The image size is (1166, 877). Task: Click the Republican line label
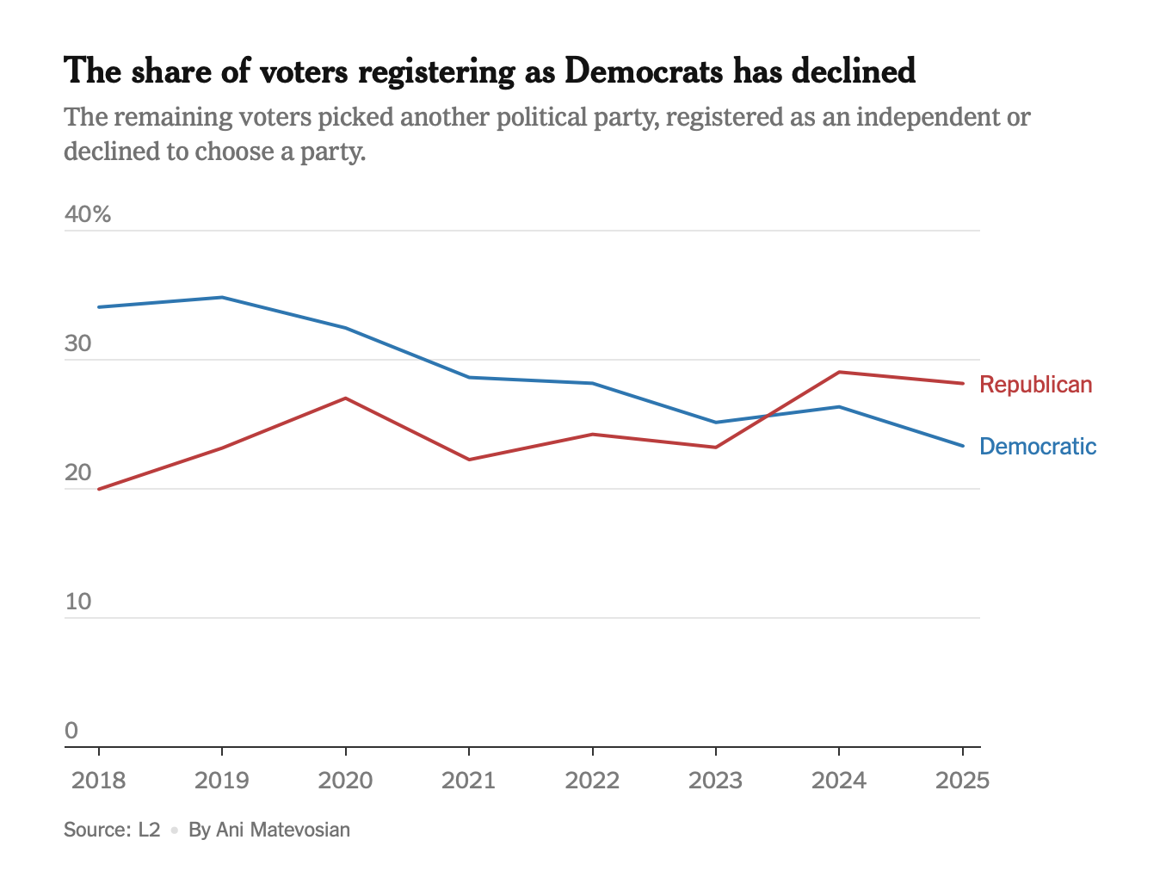(x=1035, y=385)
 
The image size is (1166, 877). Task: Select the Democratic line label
(x=1038, y=447)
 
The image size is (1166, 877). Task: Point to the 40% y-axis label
(x=88, y=214)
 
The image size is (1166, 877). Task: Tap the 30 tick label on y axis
(x=77, y=343)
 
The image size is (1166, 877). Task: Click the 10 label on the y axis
(x=77, y=602)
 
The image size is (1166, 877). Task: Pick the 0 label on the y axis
(x=71, y=731)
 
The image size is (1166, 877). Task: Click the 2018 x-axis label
(x=99, y=781)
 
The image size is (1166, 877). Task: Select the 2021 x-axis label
(x=469, y=781)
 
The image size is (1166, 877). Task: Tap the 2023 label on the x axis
(x=715, y=781)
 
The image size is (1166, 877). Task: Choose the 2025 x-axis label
(x=962, y=781)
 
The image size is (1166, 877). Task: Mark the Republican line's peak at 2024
(x=839, y=372)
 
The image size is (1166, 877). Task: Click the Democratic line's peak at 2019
(x=222, y=297)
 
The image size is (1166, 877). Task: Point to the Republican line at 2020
(x=345, y=398)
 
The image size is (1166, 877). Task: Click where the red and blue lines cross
(x=768, y=416)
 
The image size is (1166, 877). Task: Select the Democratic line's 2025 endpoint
(x=963, y=446)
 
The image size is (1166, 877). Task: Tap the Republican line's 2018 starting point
(x=99, y=489)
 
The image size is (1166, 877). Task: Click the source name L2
(x=149, y=831)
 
